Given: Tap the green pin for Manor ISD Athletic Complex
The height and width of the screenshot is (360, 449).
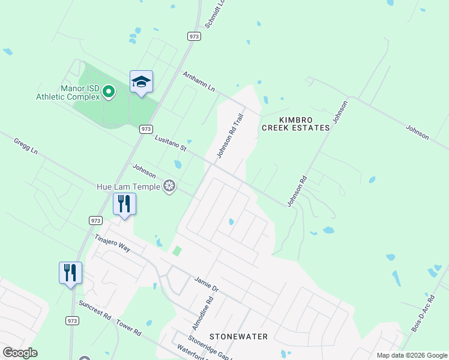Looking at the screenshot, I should pos(109,92).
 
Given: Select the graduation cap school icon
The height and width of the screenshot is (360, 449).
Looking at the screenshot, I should pos(141,82).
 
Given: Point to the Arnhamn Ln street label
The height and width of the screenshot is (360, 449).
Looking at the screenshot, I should pos(198,82).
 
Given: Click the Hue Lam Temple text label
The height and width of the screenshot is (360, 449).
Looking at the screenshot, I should pos(128,187).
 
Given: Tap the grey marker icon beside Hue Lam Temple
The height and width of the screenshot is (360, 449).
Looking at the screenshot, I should pos(170,187).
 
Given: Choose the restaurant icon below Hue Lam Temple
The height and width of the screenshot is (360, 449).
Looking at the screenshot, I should pos(124,204).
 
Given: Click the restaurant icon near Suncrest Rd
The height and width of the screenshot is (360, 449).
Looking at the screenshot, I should pos(70,272).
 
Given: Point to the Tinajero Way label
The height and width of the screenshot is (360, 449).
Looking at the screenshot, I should pos(112,242).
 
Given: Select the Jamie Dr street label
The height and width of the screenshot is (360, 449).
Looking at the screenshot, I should pos(206,284).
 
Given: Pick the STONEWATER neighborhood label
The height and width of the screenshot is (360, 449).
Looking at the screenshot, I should pos(239,337).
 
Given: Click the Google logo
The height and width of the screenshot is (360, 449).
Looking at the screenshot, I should pos(20,353).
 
